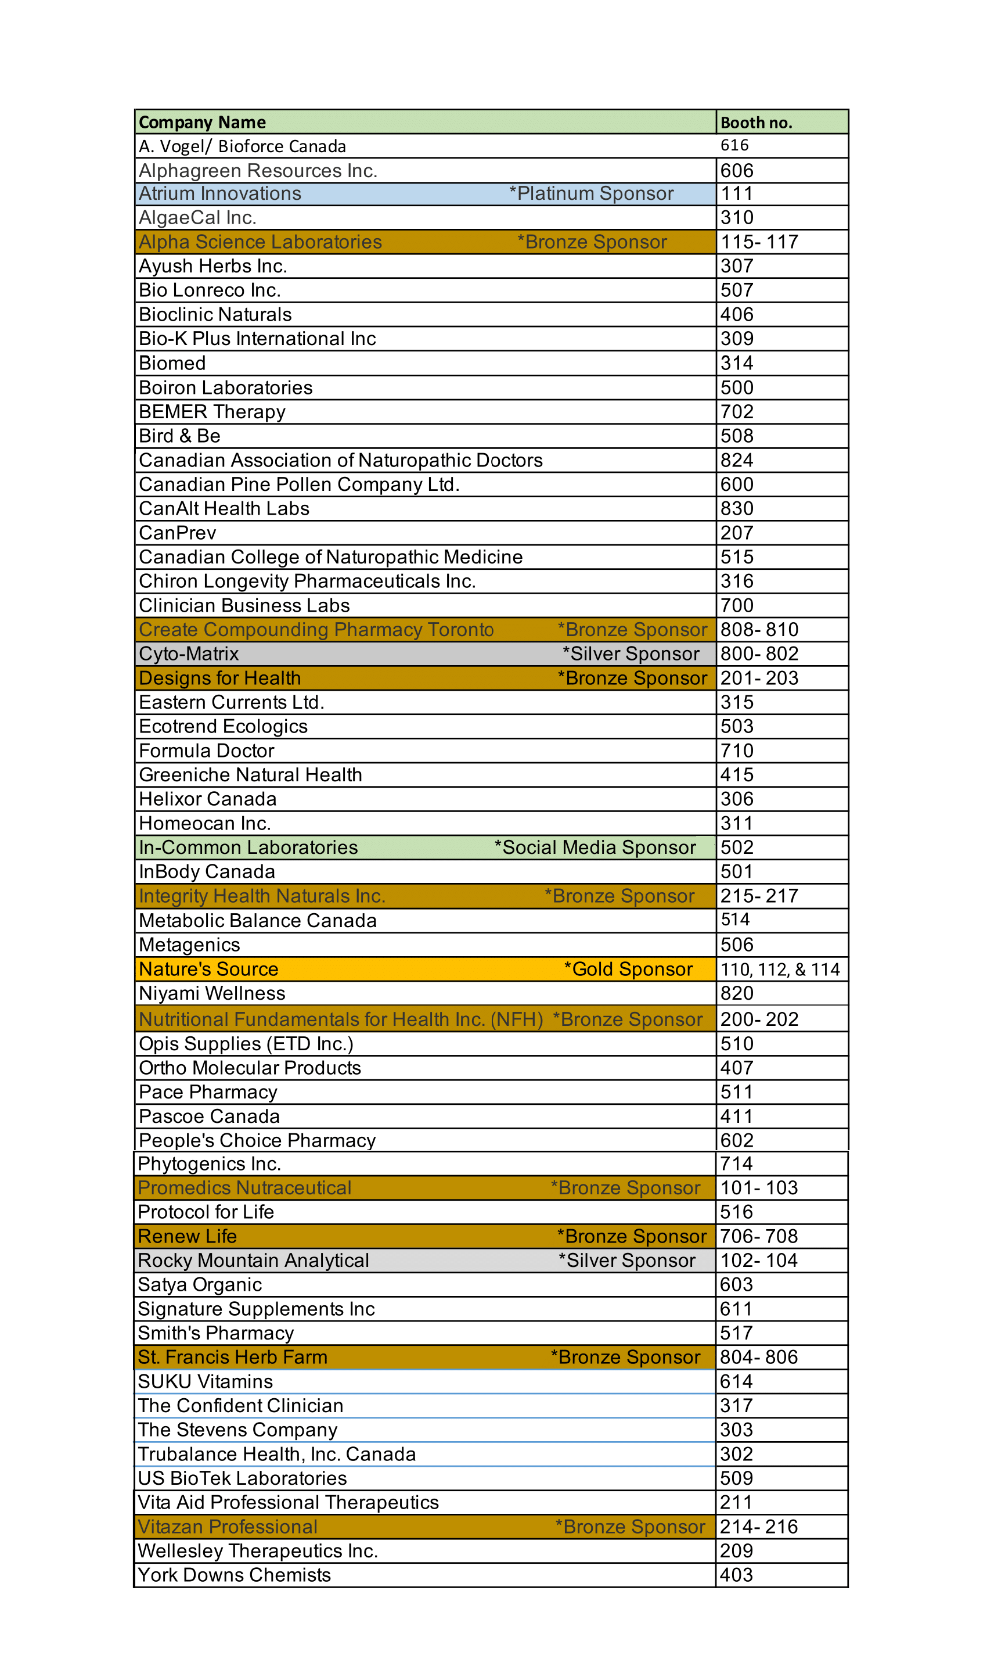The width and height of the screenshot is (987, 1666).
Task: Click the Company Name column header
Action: tap(202, 123)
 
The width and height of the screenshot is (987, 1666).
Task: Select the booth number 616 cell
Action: tap(734, 146)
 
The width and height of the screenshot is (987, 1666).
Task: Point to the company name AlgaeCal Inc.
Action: tap(197, 218)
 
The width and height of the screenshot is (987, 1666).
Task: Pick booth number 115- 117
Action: tap(759, 242)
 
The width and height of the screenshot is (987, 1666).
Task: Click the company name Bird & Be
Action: tap(179, 436)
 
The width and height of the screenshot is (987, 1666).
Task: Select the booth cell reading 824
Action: tap(737, 461)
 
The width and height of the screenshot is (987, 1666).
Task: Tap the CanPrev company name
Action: tap(178, 533)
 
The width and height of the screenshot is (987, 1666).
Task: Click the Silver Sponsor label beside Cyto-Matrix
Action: tap(631, 654)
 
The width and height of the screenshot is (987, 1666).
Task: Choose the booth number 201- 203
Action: tap(759, 678)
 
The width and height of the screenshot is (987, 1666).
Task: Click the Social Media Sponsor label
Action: tap(595, 848)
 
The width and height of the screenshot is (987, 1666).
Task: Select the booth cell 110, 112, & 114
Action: tap(780, 970)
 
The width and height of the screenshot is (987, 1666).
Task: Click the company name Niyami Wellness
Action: tap(212, 993)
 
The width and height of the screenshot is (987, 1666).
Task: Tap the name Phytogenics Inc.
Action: tap(210, 1164)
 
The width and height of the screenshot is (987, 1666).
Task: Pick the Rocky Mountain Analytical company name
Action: tap(253, 1260)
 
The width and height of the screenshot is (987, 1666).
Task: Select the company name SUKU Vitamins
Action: tap(206, 1381)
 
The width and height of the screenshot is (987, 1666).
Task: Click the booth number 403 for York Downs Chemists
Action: tap(736, 1575)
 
